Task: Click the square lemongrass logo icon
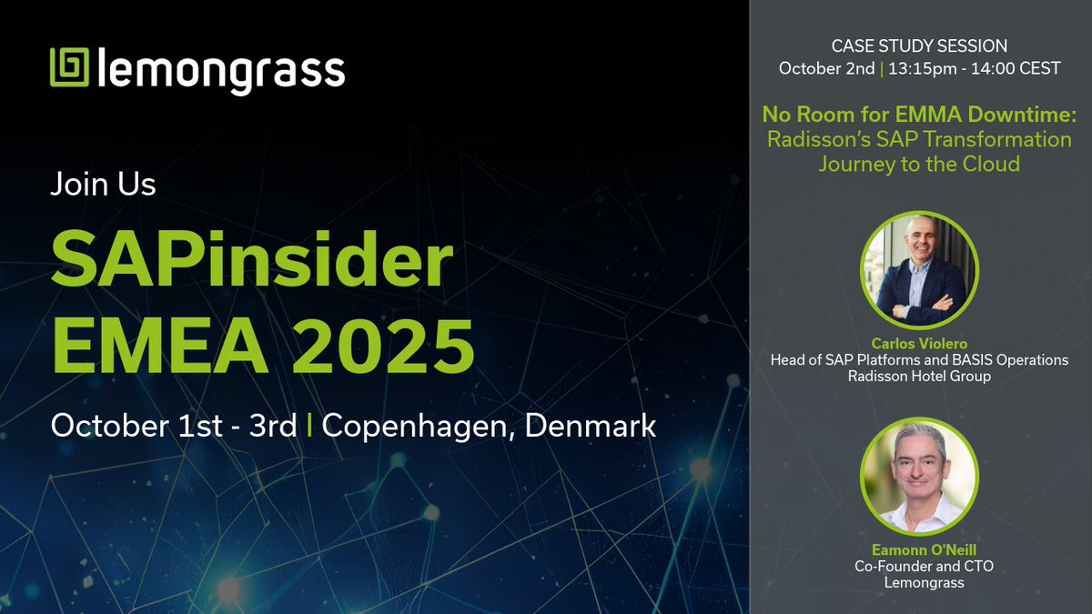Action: pyautogui.click(x=69, y=67)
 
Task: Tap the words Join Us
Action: pyautogui.click(x=103, y=185)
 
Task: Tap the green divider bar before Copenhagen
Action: pyautogui.click(x=309, y=426)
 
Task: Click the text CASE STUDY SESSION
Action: pyautogui.click(x=919, y=45)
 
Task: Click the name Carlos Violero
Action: pyautogui.click(x=919, y=345)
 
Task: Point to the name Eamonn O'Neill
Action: pyautogui.click(x=919, y=550)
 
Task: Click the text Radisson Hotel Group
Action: pyautogui.click(x=919, y=376)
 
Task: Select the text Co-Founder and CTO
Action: pyautogui.click(x=919, y=566)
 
